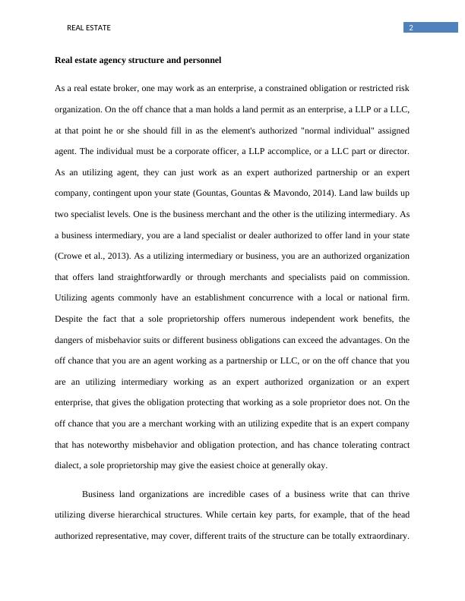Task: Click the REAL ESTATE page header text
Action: click(x=89, y=28)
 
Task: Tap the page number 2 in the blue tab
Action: click(x=411, y=28)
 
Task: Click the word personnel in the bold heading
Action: click(x=200, y=60)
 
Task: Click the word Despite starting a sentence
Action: click(x=70, y=319)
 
